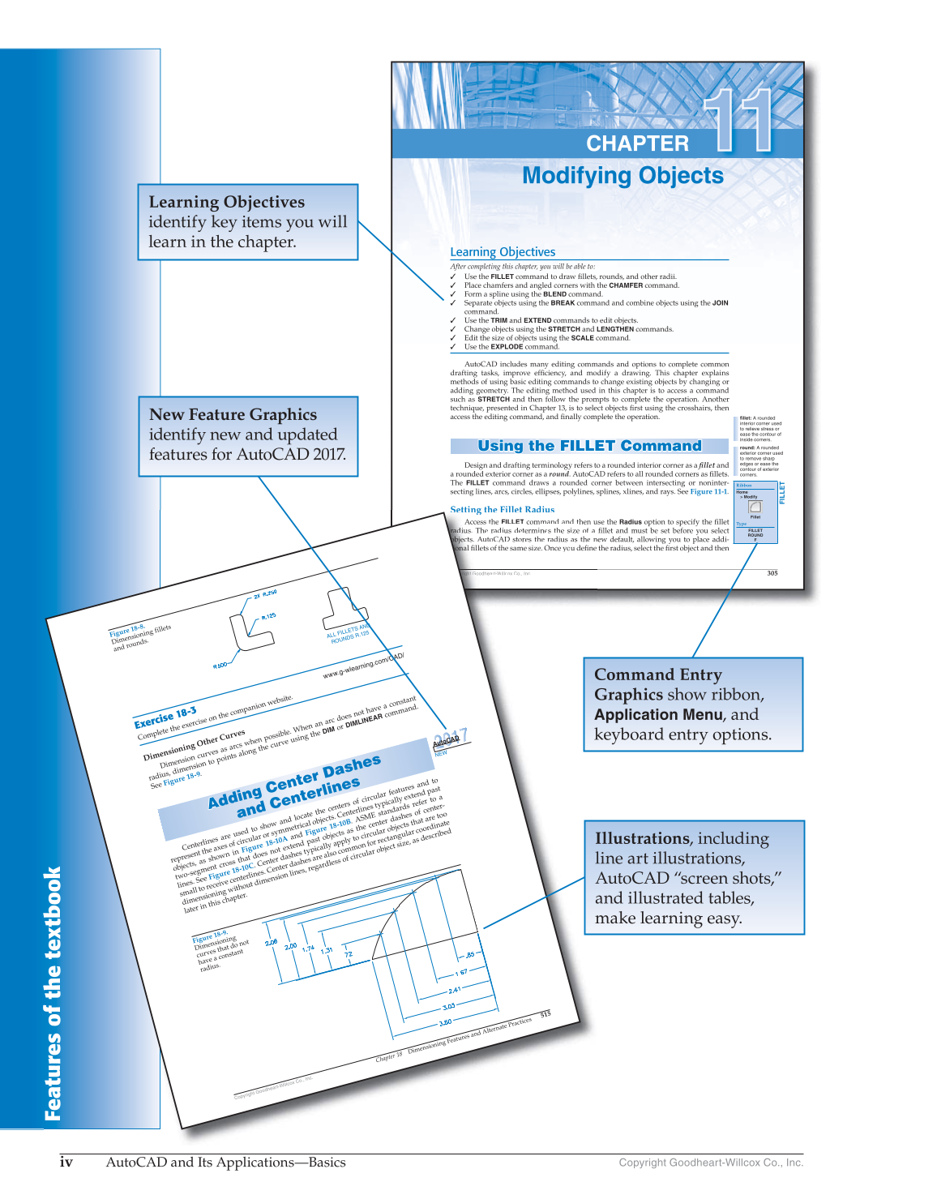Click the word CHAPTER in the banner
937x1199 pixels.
637,143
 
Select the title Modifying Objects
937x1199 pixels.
623,176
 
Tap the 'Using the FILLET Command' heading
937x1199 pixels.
589,446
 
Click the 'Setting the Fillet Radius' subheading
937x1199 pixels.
503,510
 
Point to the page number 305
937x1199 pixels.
772,573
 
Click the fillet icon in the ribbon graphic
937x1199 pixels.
755,507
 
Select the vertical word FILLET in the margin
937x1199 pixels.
782,492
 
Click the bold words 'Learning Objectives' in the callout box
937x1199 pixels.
226,202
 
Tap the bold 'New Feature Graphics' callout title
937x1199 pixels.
233,414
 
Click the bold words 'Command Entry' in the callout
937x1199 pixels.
657,674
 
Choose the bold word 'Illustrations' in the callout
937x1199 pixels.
642,838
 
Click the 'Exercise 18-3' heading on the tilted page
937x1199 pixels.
165,717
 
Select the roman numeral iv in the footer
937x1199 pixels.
66,1162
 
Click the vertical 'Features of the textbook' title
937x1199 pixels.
53,994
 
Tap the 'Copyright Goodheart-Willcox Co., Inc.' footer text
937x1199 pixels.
711,1163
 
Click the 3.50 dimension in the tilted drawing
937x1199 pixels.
445,1022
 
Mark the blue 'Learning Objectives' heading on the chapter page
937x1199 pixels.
503,252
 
